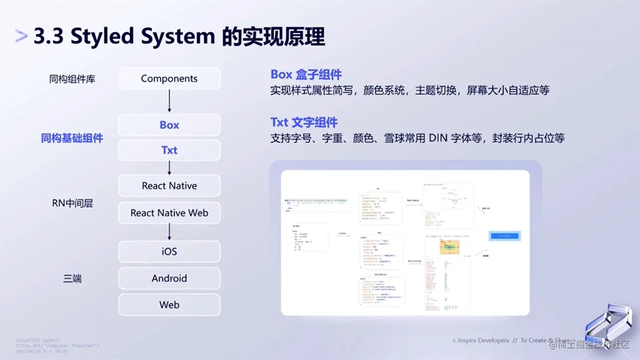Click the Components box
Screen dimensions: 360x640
(169, 78)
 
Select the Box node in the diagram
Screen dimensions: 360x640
(169, 125)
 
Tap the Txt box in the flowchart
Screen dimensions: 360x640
(169, 150)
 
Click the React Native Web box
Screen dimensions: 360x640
(169, 213)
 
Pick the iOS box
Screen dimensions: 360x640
(169, 251)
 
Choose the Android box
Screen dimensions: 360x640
(169, 278)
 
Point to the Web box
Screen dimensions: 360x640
(169, 305)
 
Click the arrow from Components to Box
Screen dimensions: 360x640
(169, 101)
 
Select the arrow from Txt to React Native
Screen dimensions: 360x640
(169, 167)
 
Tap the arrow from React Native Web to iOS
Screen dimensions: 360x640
(169, 232)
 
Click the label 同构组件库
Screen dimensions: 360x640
(72, 79)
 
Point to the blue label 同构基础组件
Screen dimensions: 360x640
(72, 138)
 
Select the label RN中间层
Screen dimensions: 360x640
(72, 203)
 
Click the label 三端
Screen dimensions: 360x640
(72, 279)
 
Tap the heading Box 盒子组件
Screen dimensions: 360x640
(306, 74)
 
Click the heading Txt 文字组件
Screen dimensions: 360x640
(304, 122)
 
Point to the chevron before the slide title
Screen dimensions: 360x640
(21, 36)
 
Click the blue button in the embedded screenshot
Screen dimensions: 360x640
(505, 236)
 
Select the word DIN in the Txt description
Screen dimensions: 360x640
(438, 138)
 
